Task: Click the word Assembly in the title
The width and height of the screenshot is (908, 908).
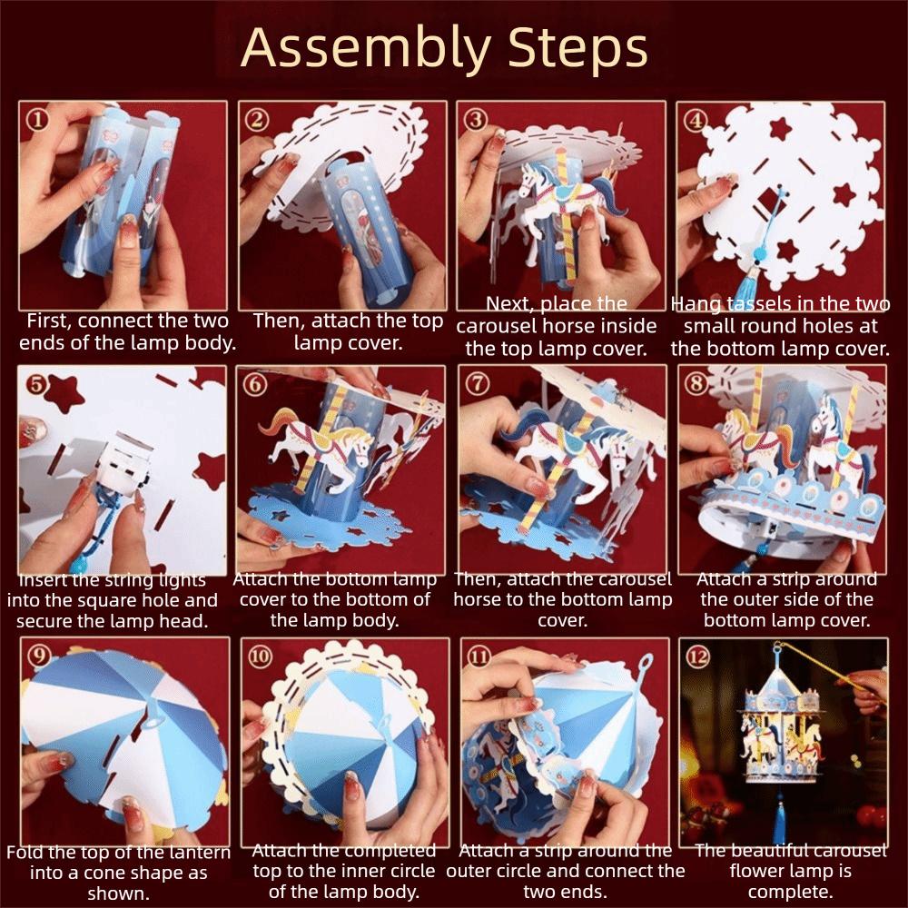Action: [x=366, y=48]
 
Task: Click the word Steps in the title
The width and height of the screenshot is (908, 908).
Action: [x=577, y=47]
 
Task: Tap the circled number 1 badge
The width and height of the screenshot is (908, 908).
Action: [x=37, y=120]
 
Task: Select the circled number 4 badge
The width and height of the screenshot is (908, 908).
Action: [x=695, y=121]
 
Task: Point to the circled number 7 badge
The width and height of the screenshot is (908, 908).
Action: [x=477, y=383]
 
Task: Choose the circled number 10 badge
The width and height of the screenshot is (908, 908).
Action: [x=260, y=656]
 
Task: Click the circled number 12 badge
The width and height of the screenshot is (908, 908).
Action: [x=697, y=656]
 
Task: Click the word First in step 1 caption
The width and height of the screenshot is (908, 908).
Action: [x=48, y=321]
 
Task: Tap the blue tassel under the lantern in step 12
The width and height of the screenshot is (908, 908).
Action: [x=779, y=816]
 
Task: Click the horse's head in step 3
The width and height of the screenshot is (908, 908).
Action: [x=528, y=177]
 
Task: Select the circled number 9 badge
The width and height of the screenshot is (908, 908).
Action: [x=40, y=656]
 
